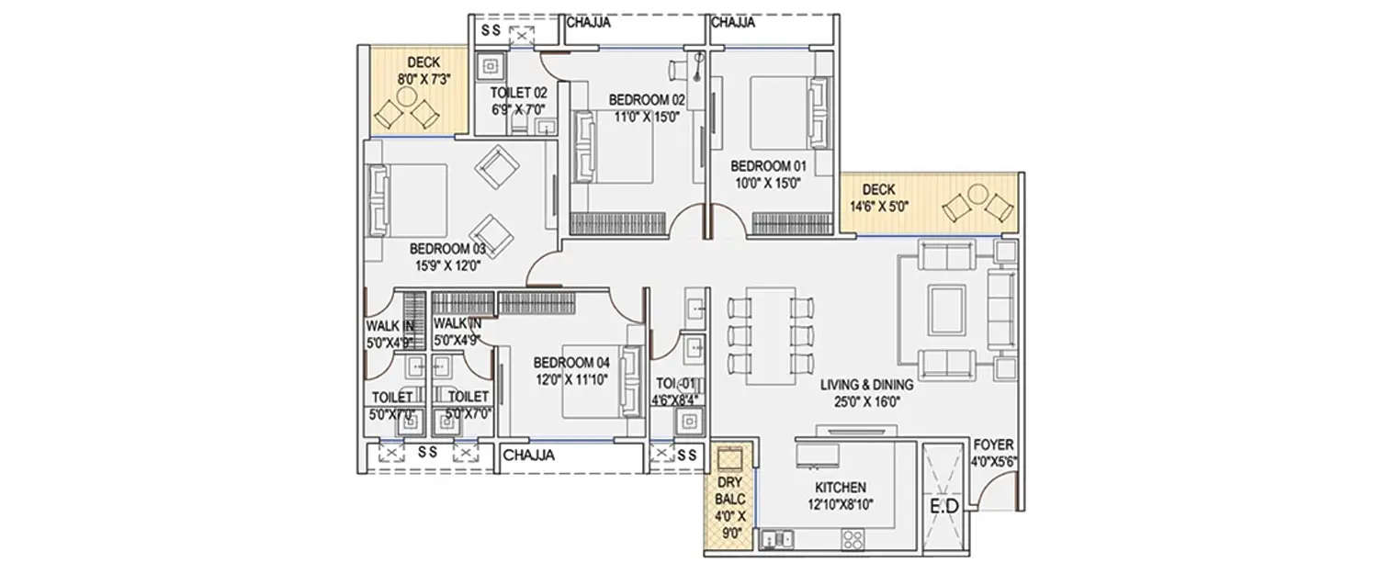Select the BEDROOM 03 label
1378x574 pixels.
click(447, 249)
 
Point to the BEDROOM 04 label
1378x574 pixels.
click(570, 361)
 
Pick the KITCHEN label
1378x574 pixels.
click(840, 488)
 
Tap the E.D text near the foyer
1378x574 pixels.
click(945, 507)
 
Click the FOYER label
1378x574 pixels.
click(995, 445)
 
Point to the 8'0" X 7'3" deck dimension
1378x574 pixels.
click(424, 80)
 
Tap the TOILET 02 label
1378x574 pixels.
click(518, 93)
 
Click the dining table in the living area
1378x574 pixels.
click(770, 336)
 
